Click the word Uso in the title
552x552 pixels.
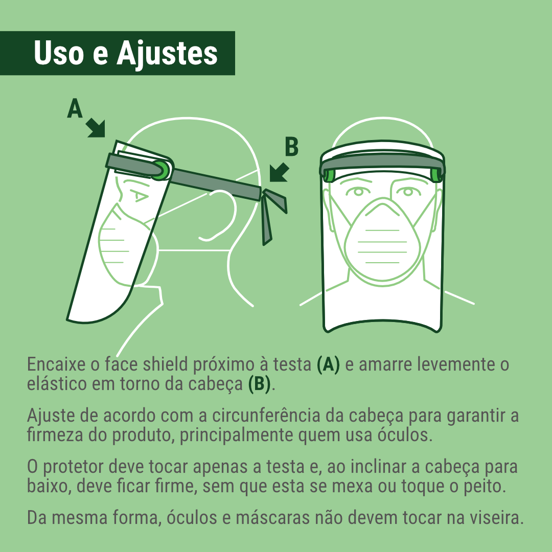pos(59,53)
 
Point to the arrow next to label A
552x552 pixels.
pos(96,128)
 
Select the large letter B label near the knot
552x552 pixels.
pos(292,147)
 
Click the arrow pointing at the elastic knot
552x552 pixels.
pos(280,172)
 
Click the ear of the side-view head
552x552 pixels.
pos(219,215)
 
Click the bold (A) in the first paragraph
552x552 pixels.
pos(328,364)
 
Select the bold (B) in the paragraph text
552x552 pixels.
pos(260,384)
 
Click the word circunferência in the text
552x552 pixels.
pos(266,416)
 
